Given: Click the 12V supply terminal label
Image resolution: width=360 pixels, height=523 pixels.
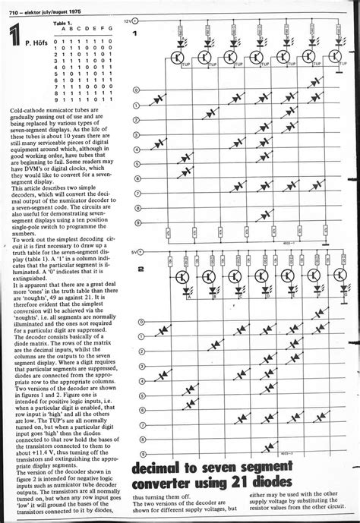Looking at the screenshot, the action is [127, 24].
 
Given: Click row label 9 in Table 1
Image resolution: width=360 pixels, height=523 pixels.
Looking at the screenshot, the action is [48, 99].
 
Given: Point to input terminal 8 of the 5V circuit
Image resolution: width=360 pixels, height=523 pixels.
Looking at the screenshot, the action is [141, 424].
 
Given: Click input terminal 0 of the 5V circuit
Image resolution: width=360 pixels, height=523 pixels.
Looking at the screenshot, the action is [141, 322].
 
